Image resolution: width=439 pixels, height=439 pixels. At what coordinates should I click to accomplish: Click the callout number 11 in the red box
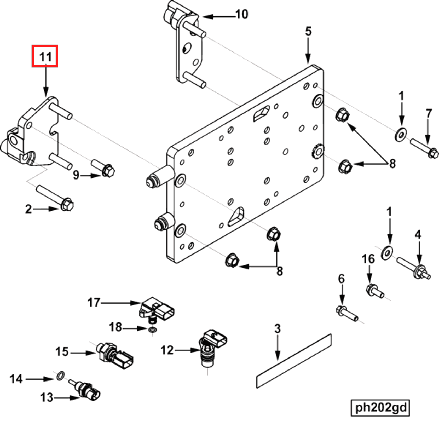tap(45, 56)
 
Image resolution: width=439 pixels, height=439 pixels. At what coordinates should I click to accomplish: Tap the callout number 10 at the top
tap(241, 14)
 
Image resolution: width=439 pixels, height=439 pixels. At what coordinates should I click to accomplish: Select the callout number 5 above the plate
tap(308, 31)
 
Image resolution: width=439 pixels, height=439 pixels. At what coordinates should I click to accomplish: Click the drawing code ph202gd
tap(380, 407)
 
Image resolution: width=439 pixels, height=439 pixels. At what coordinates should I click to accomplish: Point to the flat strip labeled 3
tap(294, 361)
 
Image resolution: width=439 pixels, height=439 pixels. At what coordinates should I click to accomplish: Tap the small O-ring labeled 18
tap(153, 330)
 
